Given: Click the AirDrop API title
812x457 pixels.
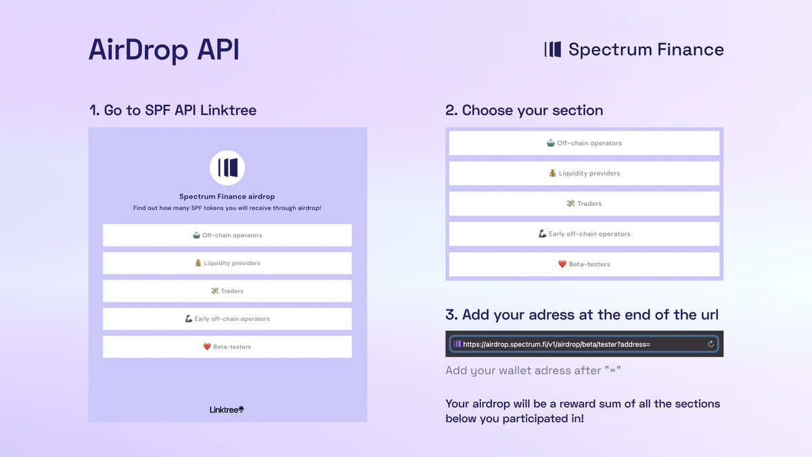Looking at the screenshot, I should coord(164,51).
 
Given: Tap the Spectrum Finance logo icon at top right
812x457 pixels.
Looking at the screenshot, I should coord(553,49).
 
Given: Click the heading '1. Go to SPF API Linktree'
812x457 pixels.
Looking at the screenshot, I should coord(173,110).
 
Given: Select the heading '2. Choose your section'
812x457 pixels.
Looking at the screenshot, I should coord(524,110).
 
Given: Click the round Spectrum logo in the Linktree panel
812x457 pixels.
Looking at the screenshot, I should coord(227,168).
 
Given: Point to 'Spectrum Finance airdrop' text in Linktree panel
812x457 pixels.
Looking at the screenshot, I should coord(227,197).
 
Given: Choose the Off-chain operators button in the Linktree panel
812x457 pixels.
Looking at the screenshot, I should coord(227,236).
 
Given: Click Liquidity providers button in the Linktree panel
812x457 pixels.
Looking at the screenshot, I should coord(227,263).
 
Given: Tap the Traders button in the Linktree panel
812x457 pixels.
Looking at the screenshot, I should coord(227,291).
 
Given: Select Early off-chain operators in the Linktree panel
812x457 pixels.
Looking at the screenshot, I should coord(227,319).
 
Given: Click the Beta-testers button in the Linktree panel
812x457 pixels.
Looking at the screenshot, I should coord(227,347).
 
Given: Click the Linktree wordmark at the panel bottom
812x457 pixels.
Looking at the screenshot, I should coord(227,410).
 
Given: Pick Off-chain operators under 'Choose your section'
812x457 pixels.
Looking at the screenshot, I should coord(584,143).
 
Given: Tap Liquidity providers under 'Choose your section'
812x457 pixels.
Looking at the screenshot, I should coord(584,173).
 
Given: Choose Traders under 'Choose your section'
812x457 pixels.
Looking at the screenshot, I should coord(584,204).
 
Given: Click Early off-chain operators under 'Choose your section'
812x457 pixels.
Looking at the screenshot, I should coord(584,234).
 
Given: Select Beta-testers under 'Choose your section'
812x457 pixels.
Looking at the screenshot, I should coord(584,264).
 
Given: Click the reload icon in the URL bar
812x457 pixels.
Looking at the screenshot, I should coord(710,344).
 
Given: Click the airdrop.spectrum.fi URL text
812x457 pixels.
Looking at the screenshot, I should coord(556,344).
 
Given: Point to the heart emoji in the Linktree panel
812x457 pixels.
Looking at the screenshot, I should coord(207,347).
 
